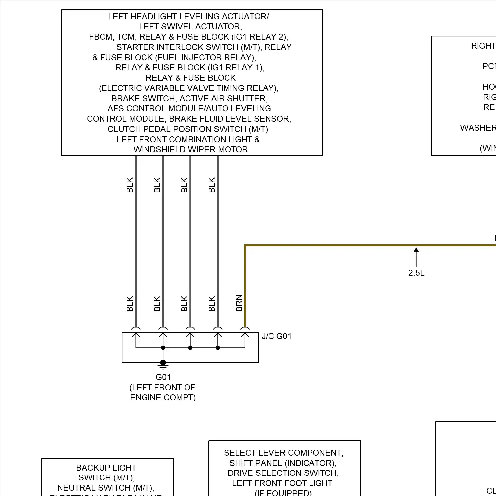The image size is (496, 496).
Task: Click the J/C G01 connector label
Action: tap(276, 336)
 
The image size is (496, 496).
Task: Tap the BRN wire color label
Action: tap(239, 303)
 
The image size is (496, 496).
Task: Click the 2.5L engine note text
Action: tap(416, 273)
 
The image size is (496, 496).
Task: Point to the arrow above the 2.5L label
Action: tap(416, 256)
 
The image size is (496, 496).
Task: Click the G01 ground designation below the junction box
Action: tap(163, 377)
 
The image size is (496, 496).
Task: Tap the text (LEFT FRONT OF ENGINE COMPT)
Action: tap(163, 393)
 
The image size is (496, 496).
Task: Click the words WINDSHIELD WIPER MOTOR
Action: tap(190, 150)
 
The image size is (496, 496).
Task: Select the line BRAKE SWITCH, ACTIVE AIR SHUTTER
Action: tap(189, 99)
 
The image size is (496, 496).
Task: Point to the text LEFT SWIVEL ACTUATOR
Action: tap(190, 27)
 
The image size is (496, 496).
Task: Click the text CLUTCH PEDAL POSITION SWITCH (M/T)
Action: tap(189, 129)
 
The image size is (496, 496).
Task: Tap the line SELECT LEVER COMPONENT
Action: tap(283, 453)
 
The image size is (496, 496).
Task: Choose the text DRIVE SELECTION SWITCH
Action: tap(283, 473)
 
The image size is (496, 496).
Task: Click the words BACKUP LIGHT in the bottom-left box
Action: tap(106, 468)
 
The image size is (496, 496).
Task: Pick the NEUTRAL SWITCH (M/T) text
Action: tap(106, 488)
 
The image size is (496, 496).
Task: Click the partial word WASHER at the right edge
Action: tap(478, 128)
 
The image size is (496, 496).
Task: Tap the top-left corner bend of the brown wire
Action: tap(245, 245)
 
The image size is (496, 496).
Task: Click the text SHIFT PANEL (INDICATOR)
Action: tap(283, 463)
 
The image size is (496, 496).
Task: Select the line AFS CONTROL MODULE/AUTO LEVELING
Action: tap(189, 109)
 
